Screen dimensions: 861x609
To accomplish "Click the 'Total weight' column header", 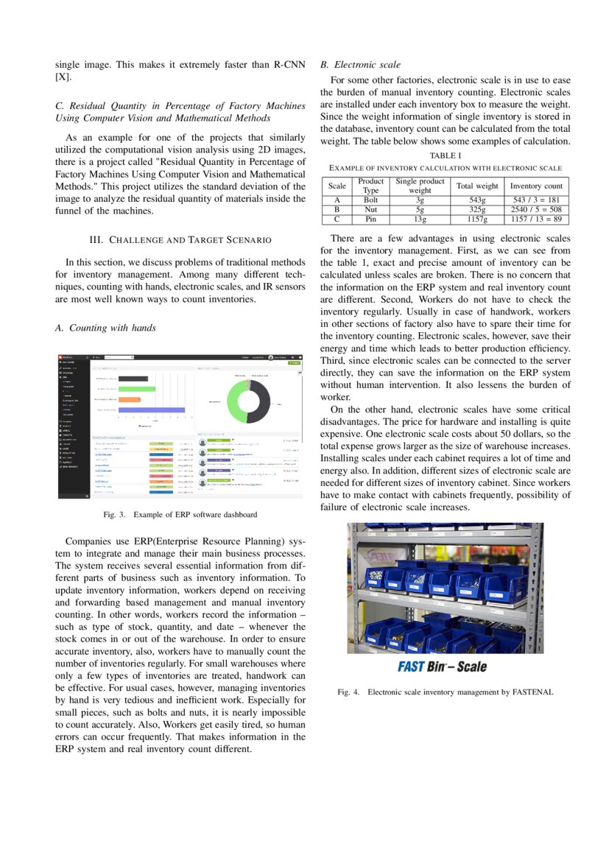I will point(477,186).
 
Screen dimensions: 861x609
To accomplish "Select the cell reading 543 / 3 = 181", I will point(536,200).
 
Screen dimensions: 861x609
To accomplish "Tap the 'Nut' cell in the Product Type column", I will point(370,209).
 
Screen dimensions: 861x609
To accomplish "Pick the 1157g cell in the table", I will point(477,219).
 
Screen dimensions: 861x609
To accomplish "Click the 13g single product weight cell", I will point(420,219).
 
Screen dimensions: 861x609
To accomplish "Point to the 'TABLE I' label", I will point(445,155).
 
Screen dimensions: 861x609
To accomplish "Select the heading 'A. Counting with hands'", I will point(105,328).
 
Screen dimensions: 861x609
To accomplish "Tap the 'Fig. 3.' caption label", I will point(116,514).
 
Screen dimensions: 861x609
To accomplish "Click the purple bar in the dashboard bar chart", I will point(152,410).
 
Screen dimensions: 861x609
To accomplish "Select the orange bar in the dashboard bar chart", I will point(130,399).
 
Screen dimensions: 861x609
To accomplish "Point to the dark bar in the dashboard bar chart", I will point(133,379).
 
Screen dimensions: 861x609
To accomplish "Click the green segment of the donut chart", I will point(233,401).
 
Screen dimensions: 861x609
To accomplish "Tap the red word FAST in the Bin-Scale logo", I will point(410,667).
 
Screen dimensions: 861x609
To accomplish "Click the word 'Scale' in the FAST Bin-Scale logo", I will point(471,667).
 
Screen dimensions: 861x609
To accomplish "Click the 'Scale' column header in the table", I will point(337,186).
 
